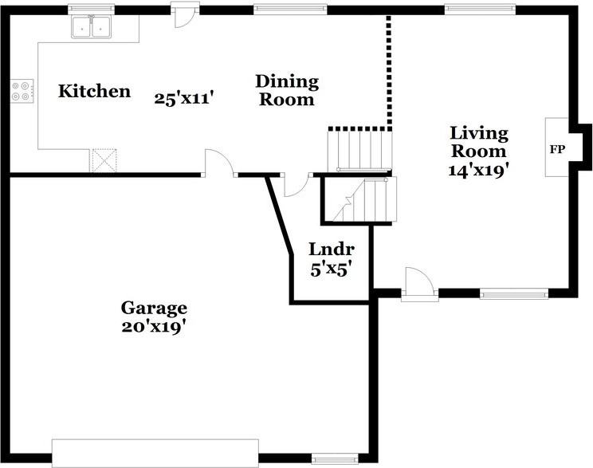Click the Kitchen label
[94, 91]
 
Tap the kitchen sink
[92, 27]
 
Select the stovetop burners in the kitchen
[22, 91]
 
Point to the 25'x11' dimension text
[185, 99]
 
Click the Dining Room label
[287, 90]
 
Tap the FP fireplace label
[557, 149]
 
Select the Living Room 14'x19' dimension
[478, 171]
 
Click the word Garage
[154, 309]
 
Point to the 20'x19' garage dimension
[154, 327]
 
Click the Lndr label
[332, 250]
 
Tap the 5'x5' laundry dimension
[329, 269]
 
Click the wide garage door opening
[155, 453]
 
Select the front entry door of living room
[420, 284]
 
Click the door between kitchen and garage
[219, 163]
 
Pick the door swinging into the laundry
[296, 186]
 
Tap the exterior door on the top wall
[185, 14]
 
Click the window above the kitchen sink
[91, 8]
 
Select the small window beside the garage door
[335, 459]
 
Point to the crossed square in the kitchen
[104, 160]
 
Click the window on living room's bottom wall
[514, 293]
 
